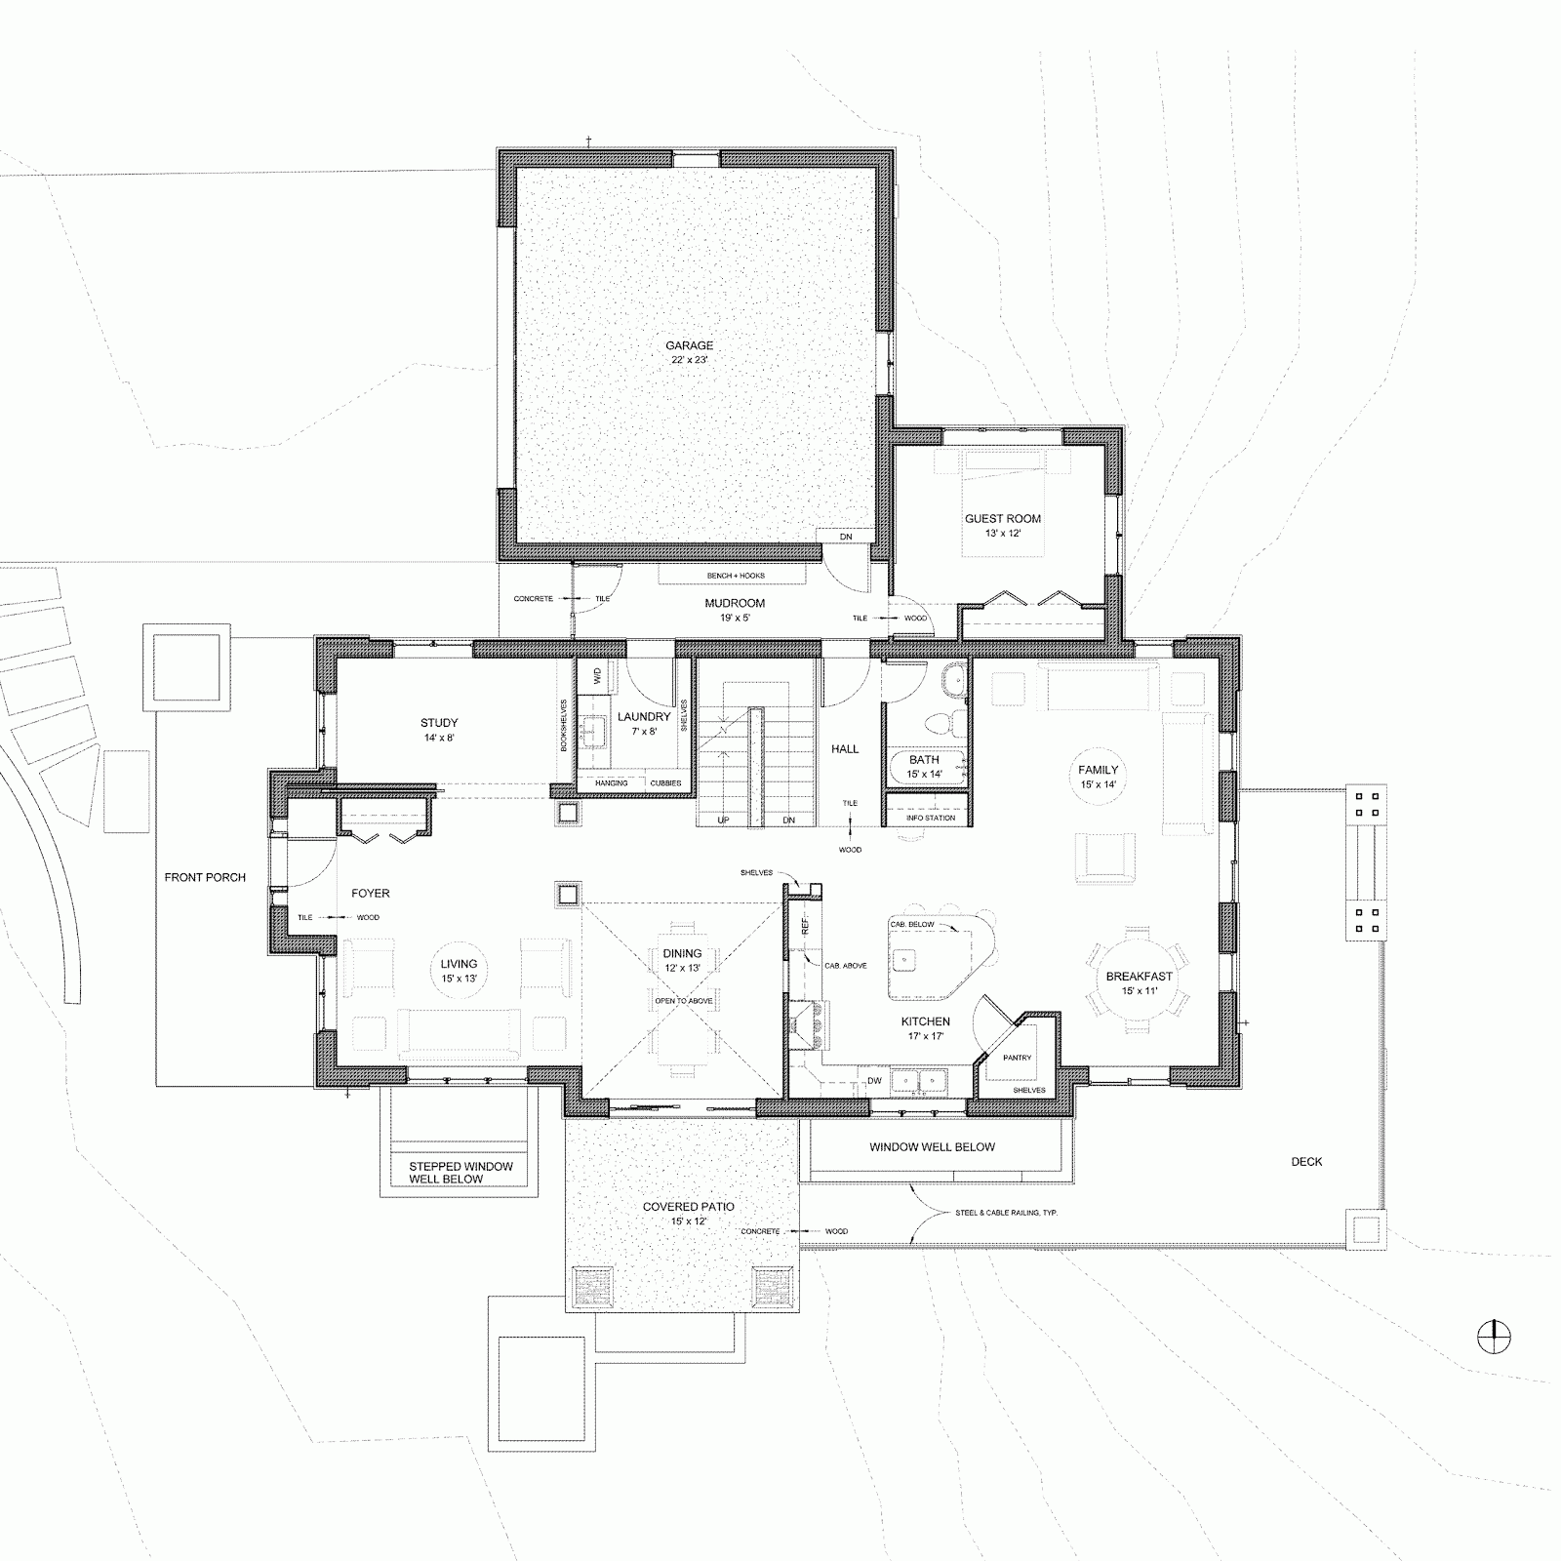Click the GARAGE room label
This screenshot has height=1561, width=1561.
(689, 345)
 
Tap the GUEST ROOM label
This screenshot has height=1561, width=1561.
(1002, 519)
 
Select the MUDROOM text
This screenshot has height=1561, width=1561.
(735, 603)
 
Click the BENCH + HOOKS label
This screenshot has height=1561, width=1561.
(736, 576)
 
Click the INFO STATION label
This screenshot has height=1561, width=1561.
(930, 818)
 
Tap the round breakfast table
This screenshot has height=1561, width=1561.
(1139, 976)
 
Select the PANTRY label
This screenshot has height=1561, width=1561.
(1017, 1058)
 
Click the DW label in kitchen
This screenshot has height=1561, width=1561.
(874, 1080)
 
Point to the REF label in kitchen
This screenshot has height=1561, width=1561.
(805, 927)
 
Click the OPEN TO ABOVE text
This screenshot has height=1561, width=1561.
(683, 1001)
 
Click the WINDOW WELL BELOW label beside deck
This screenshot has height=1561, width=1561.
(932, 1146)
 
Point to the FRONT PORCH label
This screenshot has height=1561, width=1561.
(205, 877)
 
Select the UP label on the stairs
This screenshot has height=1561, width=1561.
(723, 820)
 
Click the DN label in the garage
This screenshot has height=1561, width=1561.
(846, 536)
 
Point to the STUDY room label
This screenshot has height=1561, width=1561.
(439, 723)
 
